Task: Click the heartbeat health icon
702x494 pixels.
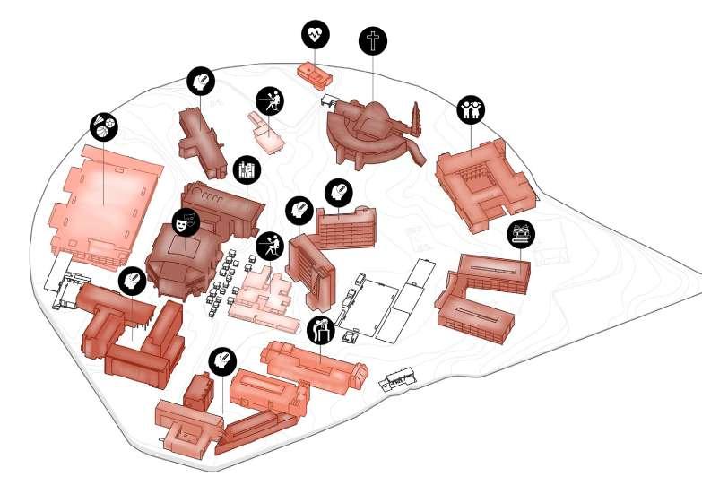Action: [x=315, y=35]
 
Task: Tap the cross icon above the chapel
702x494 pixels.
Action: [x=373, y=40]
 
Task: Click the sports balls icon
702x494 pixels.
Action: [x=103, y=126]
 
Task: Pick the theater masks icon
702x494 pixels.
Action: [x=185, y=222]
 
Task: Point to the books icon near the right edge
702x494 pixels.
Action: [x=520, y=235]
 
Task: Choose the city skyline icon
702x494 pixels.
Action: [x=246, y=169]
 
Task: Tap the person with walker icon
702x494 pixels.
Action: [x=320, y=330]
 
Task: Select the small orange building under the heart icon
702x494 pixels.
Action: [x=315, y=74]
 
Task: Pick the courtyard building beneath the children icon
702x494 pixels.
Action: [x=484, y=184]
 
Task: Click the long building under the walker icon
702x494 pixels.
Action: [x=314, y=368]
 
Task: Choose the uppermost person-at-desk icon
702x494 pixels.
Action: [x=268, y=100]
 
